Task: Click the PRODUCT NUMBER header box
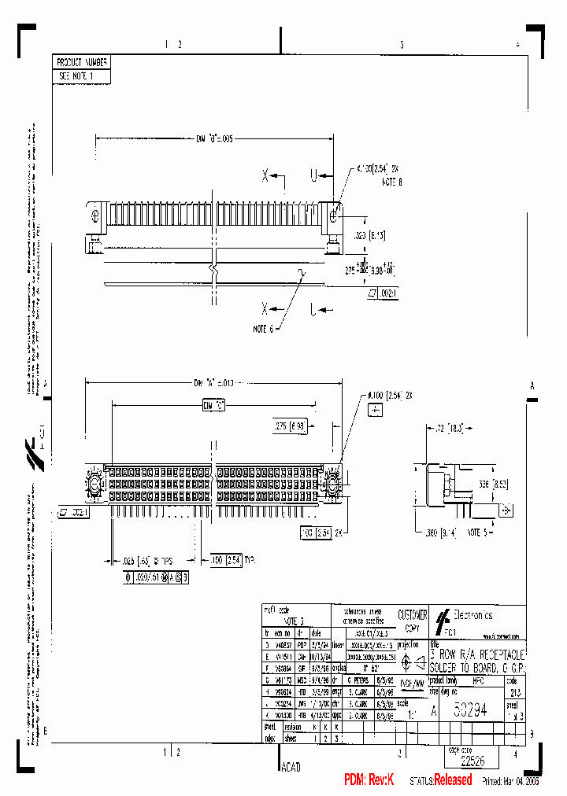[82, 62]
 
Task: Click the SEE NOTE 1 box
[76, 76]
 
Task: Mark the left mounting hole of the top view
[95, 215]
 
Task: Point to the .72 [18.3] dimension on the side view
[454, 429]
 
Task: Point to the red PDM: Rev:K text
[369, 779]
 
